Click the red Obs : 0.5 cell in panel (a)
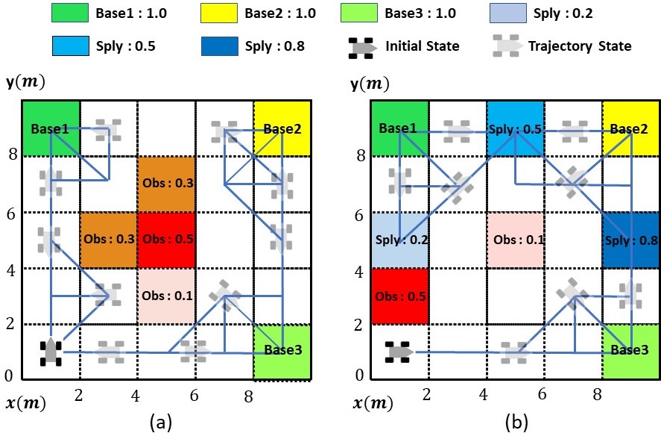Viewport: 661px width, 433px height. pyautogui.click(x=166, y=240)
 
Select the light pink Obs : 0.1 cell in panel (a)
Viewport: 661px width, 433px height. pyautogui.click(x=166, y=296)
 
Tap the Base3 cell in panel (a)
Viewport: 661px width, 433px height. pyautogui.click(x=282, y=352)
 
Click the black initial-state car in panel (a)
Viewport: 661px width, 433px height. pyautogui.click(x=51, y=351)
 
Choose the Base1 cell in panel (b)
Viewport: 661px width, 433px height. pyautogui.click(x=399, y=128)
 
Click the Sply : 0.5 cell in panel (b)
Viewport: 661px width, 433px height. pyautogui.click(x=515, y=128)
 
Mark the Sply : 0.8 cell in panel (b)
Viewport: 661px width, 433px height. pyautogui.click(x=630, y=240)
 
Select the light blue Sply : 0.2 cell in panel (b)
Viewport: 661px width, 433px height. pyautogui.click(x=399, y=240)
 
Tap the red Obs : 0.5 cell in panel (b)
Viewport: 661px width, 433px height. pyautogui.click(x=399, y=296)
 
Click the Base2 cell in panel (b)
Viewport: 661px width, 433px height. pyautogui.click(x=630, y=128)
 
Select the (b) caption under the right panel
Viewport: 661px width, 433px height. pyautogui.click(x=516, y=422)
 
